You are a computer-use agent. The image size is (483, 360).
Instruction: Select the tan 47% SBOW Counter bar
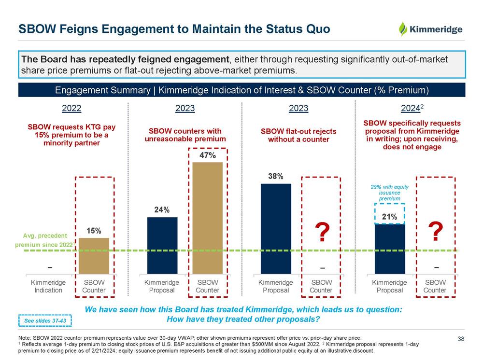pyautogui.click(x=208, y=218)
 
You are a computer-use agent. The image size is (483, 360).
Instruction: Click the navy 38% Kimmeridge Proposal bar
pyautogui.click(x=276, y=229)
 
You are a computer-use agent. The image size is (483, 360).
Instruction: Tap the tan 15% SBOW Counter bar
pyautogui.click(x=94, y=256)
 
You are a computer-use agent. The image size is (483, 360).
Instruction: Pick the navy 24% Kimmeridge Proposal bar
pyautogui.click(x=162, y=245)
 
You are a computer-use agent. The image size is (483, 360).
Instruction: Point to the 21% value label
pyautogui.click(x=389, y=217)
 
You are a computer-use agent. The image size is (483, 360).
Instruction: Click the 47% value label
pyautogui.click(x=208, y=156)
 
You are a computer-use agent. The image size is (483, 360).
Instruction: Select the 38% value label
pyautogui.click(x=276, y=177)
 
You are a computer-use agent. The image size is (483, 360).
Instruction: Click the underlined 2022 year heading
pyautogui.click(x=72, y=109)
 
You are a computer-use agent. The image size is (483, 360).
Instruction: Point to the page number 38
pyautogui.click(x=461, y=339)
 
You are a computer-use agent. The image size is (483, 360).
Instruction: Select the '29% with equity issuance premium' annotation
pyautogui.click(x=389, y=192)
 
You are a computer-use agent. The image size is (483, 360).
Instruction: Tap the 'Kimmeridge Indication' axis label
pyautogui.click(x=48, y=286)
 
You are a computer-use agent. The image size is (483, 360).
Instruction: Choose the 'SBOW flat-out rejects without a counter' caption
pyautogui.click(x=298, y=135)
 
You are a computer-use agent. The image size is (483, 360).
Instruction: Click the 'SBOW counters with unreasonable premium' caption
pyautogui.click(x=185, y=135)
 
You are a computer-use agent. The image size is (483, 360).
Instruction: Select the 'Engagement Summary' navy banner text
pyautogui.click(x=241, y=90)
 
